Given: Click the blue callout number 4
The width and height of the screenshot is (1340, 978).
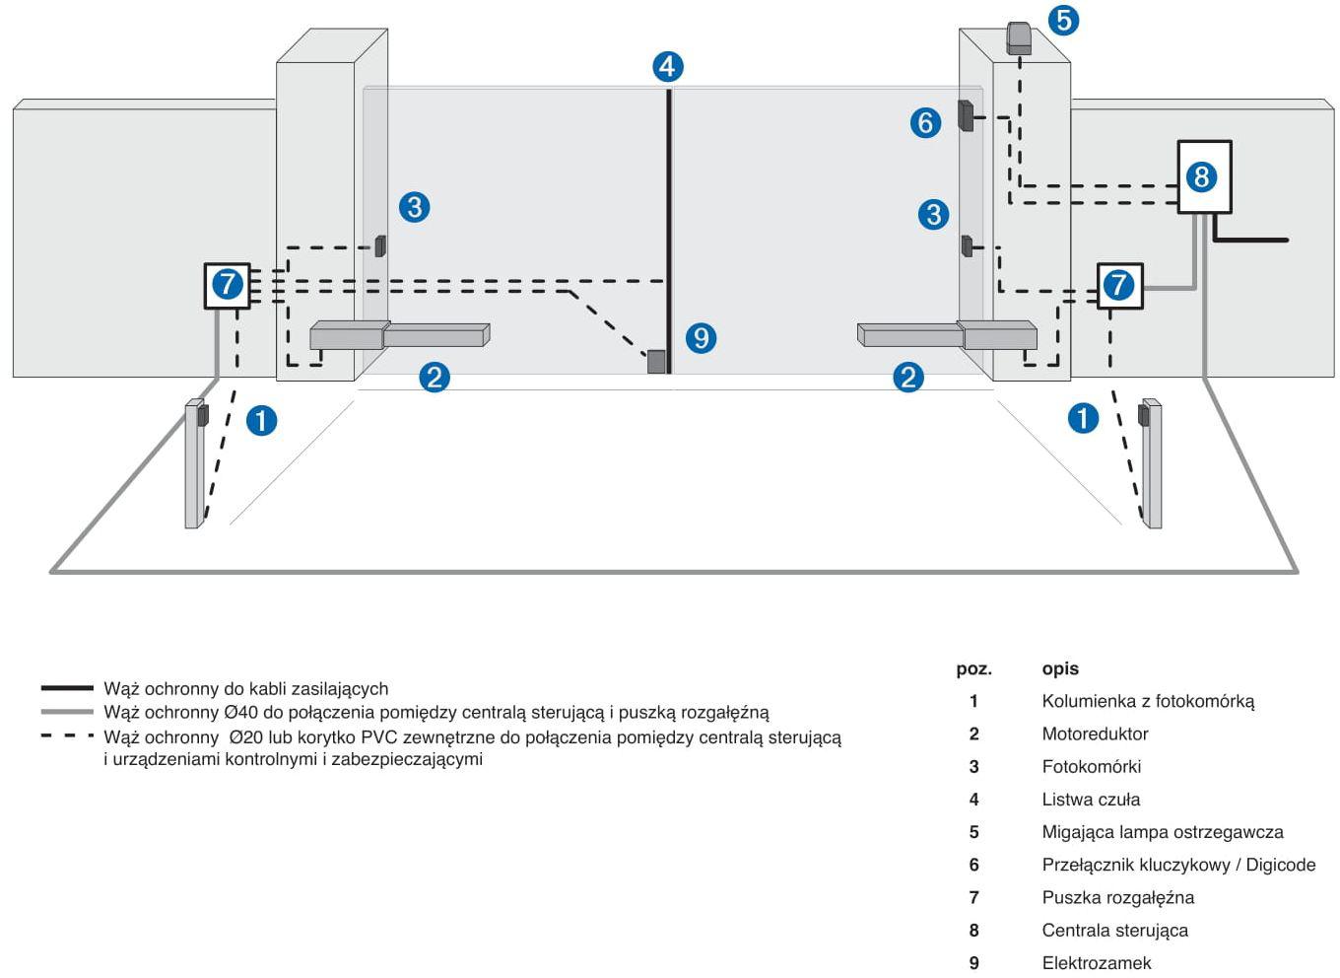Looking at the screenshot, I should (668, 67).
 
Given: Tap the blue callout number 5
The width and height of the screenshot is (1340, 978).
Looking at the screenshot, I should (1062, 20).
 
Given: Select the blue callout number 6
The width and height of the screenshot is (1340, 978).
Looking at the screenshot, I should (925, 123).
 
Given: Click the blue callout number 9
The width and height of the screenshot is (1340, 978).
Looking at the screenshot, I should (701, 338).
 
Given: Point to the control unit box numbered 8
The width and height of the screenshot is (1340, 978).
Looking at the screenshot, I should (1204, 177).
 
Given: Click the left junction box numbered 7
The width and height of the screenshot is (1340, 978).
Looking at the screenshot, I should (228, 285).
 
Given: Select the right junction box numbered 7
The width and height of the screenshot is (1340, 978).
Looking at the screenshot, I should (1119, 286).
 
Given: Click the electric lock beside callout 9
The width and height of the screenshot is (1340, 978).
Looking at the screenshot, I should (656, 362).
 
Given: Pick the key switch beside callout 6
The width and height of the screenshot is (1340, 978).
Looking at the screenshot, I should (967, 115).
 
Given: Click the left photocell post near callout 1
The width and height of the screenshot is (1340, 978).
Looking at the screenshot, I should (194, 463).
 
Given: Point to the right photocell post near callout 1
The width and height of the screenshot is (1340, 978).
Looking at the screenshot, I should (1150, 463).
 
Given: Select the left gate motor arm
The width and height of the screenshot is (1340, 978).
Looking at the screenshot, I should (399, 336).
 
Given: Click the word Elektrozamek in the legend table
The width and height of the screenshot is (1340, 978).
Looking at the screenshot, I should (1096, 963).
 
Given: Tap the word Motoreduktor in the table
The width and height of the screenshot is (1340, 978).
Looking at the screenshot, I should (1095, 734).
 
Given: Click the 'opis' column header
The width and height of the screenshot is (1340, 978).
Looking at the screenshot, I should (1060, 668).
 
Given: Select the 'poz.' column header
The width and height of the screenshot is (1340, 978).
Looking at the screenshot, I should (973, 668).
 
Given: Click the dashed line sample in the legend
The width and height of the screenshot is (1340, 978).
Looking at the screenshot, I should (67, 736).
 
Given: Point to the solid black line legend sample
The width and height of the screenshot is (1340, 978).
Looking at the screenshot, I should (67, 688).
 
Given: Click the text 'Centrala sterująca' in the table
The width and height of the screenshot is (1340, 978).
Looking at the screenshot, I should (1114, 931).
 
